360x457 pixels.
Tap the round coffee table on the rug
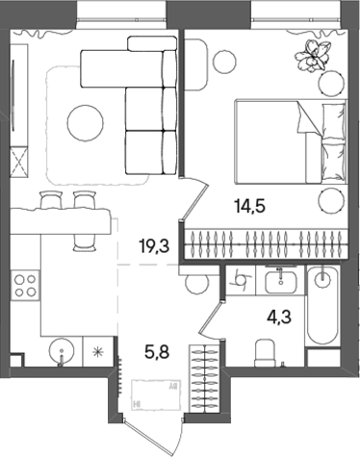pos(83,120)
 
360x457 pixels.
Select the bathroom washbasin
pos(286,280)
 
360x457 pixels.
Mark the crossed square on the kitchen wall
pos(18,160)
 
